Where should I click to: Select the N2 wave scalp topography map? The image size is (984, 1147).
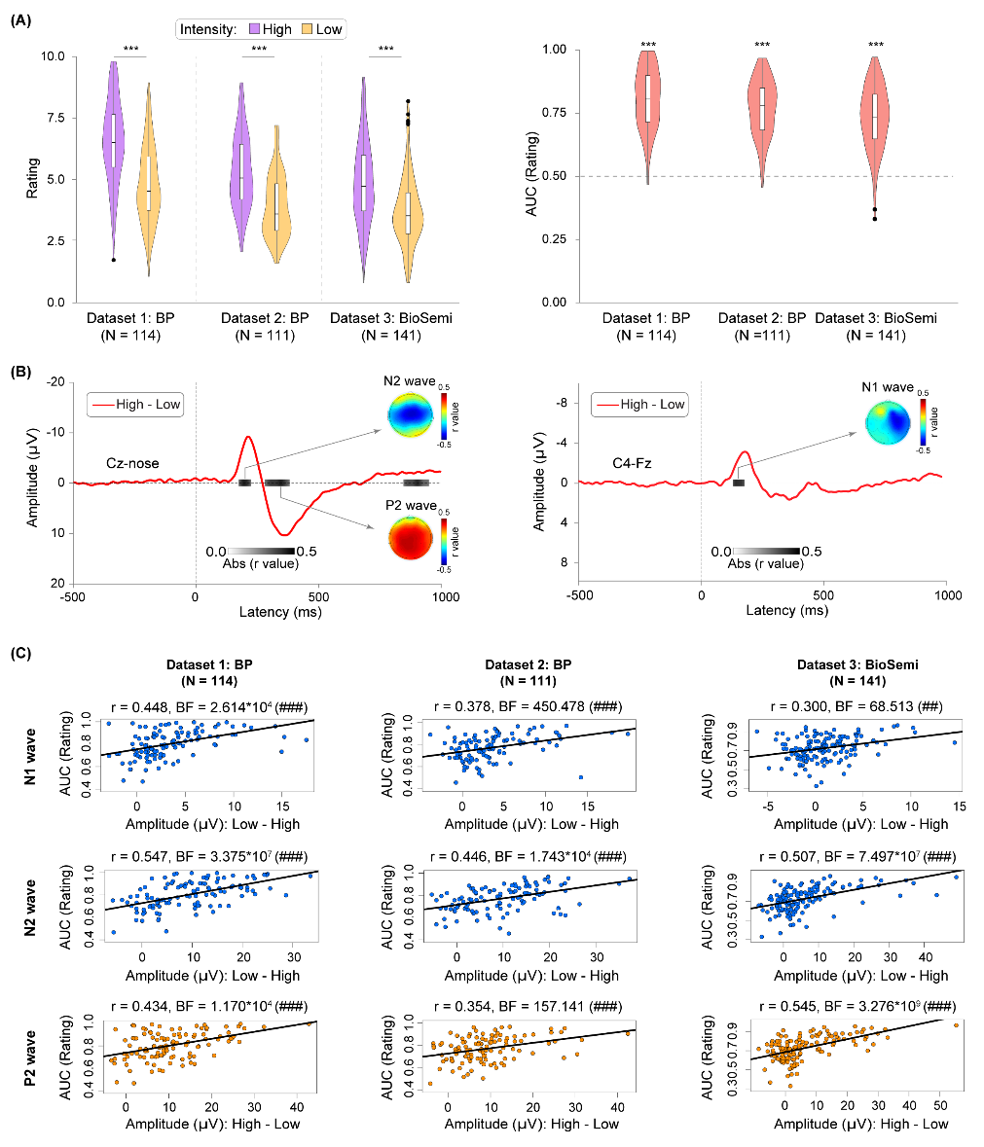point(410,415)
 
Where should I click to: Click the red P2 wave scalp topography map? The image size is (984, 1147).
point(410,539)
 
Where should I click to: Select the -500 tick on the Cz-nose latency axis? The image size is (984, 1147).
point(72,598)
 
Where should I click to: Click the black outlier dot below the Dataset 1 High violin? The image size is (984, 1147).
point(113,260)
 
